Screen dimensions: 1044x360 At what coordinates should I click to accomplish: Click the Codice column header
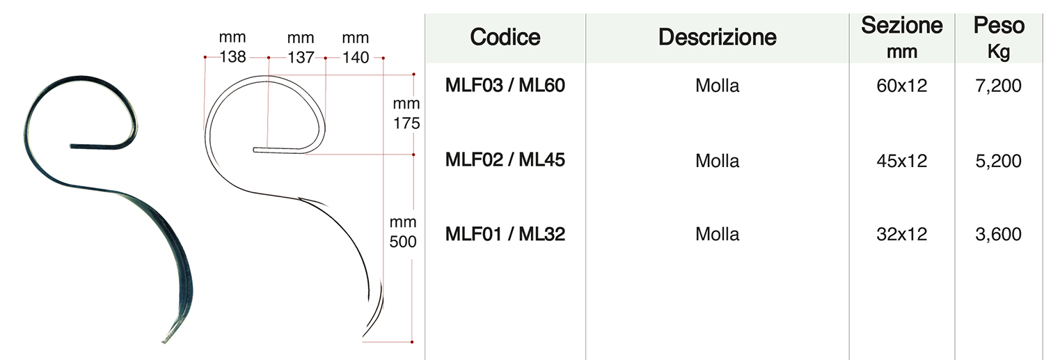point(505,38)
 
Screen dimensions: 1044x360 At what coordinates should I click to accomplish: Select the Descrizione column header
point(718,38)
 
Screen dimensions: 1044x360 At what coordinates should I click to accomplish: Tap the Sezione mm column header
point(902,38)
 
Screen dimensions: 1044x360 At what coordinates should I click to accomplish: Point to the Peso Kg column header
point(999,38)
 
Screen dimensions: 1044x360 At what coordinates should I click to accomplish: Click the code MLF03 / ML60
point(505,86)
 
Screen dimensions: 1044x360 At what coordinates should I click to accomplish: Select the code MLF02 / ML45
point(505,160)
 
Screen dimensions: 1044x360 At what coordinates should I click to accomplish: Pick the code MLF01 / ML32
point(505,234)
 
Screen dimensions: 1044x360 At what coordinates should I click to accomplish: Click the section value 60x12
point(902,86)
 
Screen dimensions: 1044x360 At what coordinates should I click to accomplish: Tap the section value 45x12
point(902,161)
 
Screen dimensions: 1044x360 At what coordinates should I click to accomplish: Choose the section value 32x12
point(902,234)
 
